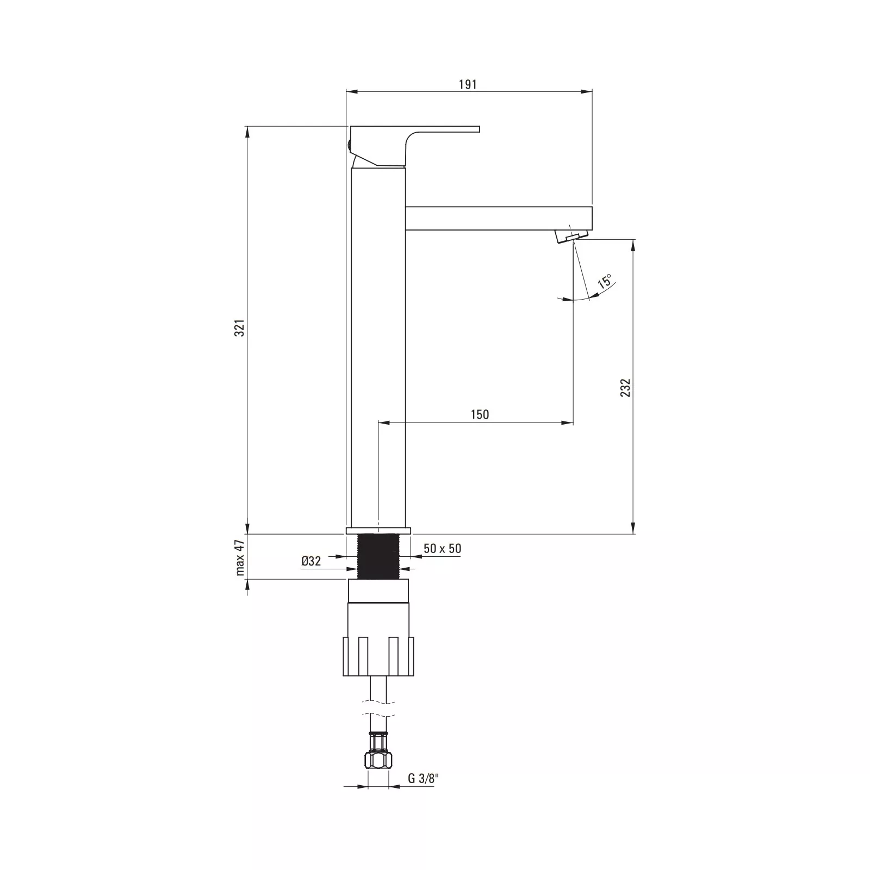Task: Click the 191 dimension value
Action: coord(468,84)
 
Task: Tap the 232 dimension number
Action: coord(625,387)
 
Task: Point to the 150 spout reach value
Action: coord(480,414)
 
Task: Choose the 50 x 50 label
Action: coord(443,549)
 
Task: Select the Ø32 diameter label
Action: coord(311,561)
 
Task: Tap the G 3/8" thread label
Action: coord(424,779)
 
